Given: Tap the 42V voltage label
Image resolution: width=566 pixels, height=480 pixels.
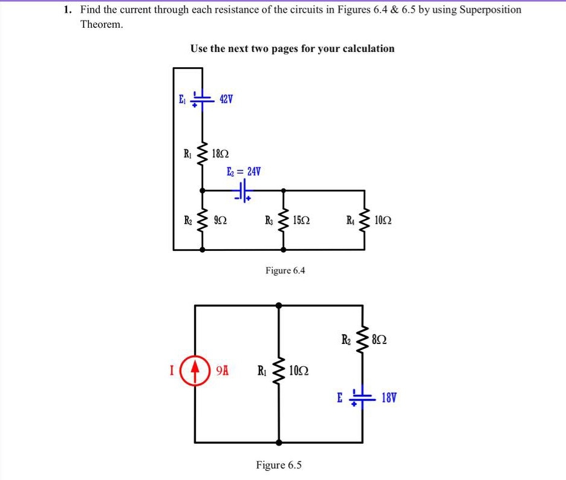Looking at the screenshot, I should click(225, 99).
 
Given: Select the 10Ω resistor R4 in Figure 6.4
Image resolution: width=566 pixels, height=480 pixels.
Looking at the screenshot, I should click(364, 221).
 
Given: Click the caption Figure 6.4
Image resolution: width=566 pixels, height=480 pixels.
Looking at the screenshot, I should click(285, 270).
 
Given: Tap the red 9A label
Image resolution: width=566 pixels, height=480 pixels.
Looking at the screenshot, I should click(222, 368).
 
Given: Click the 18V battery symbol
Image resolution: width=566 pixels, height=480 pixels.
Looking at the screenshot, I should click(363, 398).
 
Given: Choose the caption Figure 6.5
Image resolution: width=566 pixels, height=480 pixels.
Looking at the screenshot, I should click(279, 465).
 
